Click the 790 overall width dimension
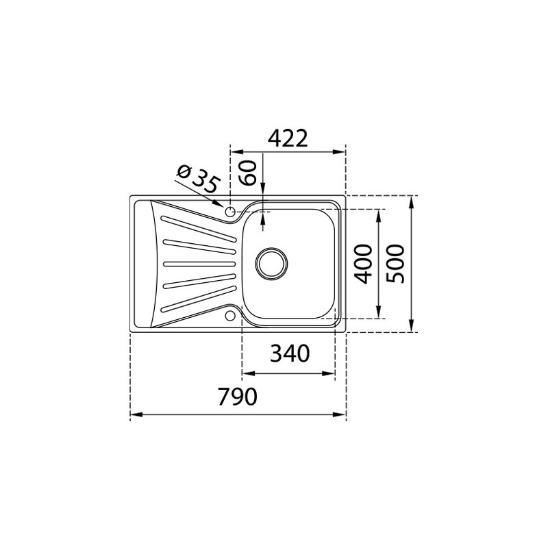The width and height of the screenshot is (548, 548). [x=237, y=397]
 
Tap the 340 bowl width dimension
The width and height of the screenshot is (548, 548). [x=290, y=353]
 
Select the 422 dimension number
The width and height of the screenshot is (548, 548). [x=288, y=138]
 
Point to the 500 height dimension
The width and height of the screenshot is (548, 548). [x=395, y=264]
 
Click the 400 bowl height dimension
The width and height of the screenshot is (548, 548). [x=363, y=264]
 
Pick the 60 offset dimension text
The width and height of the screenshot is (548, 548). [x=248, y=173]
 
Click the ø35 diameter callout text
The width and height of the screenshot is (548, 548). [x=199, y=179]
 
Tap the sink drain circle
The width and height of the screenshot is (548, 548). [x=271, y=264]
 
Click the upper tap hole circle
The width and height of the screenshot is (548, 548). [x=230, y=211]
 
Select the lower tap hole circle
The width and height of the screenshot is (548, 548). [x=230, y=316]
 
